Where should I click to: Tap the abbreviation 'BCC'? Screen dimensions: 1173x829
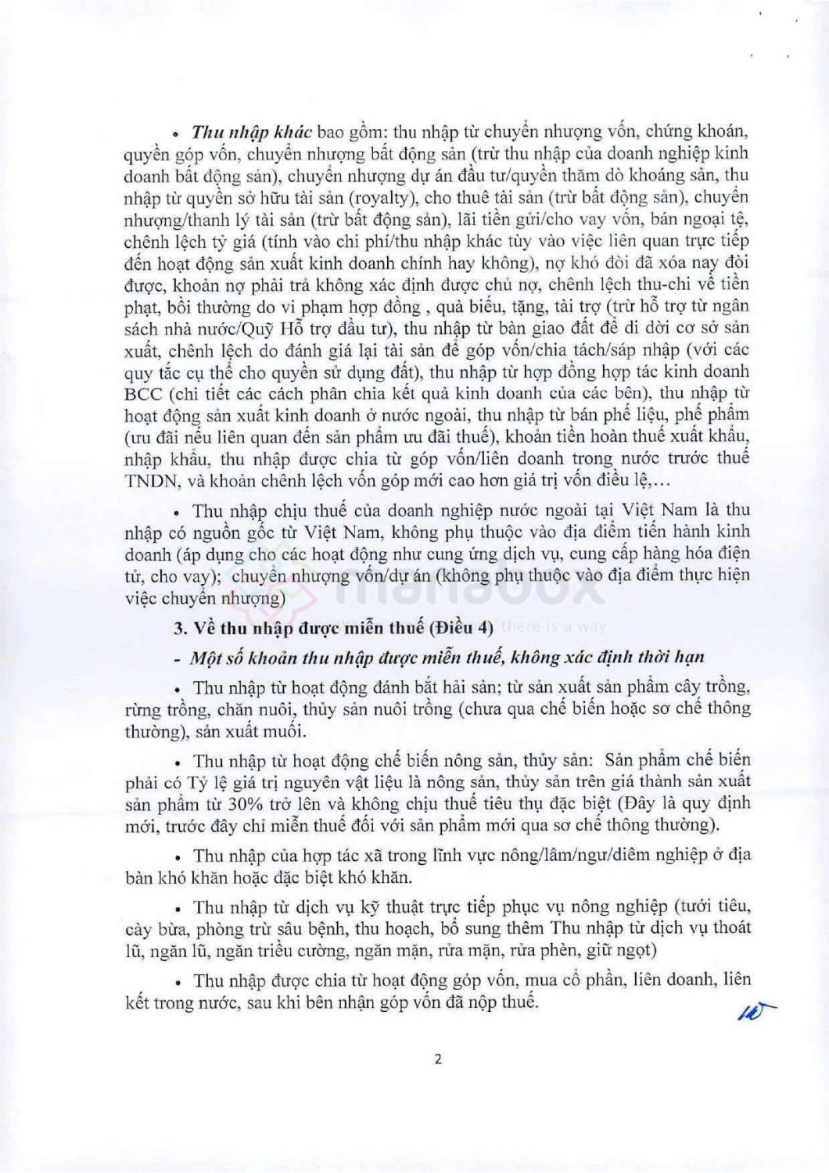coord(142,393)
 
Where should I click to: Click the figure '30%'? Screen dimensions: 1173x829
coord(247,803)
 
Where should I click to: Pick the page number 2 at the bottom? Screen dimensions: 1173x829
coord(438,1060)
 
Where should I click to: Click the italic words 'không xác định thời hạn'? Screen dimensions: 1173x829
coord(609,657)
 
